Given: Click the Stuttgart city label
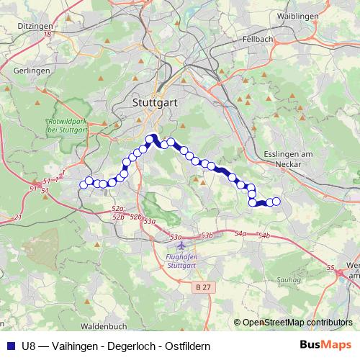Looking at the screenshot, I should [x=155, y=103].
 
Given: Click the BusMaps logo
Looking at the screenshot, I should [x=327, y=346].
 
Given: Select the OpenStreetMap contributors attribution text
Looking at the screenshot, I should [x=297, y=322].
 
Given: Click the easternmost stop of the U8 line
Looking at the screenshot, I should [x=276, y=202].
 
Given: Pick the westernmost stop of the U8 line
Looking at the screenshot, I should [x=83, y=184].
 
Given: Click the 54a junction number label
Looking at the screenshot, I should [x=240, y=233].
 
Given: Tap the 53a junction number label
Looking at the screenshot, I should [x=149, y=222].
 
